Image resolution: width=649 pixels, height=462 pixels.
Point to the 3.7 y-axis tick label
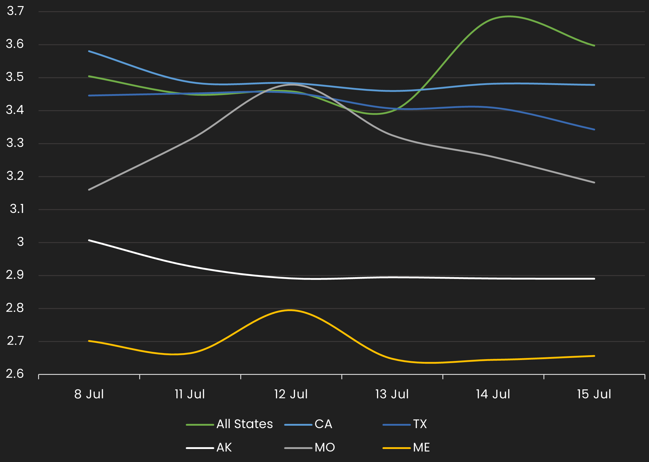click(15, 11)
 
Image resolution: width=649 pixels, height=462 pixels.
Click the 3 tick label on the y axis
click(20, 242)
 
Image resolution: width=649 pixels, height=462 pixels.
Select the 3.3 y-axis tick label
click(15, 143)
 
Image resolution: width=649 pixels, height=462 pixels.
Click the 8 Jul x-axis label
click(89, 394)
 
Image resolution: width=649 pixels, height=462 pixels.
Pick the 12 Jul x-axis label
click(291, 394)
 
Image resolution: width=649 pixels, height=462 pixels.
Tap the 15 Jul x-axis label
click(594, 394)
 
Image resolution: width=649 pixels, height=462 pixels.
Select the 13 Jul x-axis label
click(392, 394)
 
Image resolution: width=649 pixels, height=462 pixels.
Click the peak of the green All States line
click(510, 16)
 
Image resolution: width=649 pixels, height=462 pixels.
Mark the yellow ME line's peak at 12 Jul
click(290, 310)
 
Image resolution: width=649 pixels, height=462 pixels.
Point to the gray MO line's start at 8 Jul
click(89, 190)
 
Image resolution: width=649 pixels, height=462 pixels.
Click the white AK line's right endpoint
click(594, 279)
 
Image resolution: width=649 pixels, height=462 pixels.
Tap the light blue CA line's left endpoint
click(89, 51)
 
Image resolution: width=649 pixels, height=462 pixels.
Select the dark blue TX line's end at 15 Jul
click(594, 129)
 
